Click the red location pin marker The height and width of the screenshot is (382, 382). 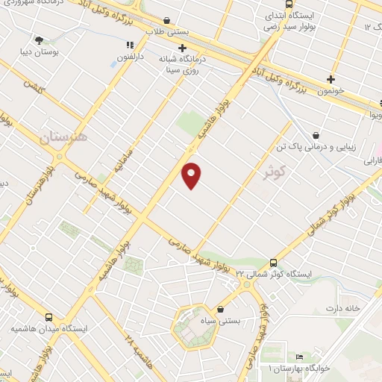pos(192,174)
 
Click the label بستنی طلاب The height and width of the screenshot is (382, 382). pos(166,31)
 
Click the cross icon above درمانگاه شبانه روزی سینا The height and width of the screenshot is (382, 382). pos(181,48)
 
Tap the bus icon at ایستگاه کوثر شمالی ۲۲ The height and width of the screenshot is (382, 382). pos(274,263)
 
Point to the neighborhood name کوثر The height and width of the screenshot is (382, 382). pos(275,171)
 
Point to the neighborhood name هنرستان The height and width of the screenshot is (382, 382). pos(60,137)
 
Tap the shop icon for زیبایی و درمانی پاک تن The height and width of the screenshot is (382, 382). pos(316,136)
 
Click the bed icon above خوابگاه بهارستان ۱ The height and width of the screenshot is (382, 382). pos(300,357)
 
